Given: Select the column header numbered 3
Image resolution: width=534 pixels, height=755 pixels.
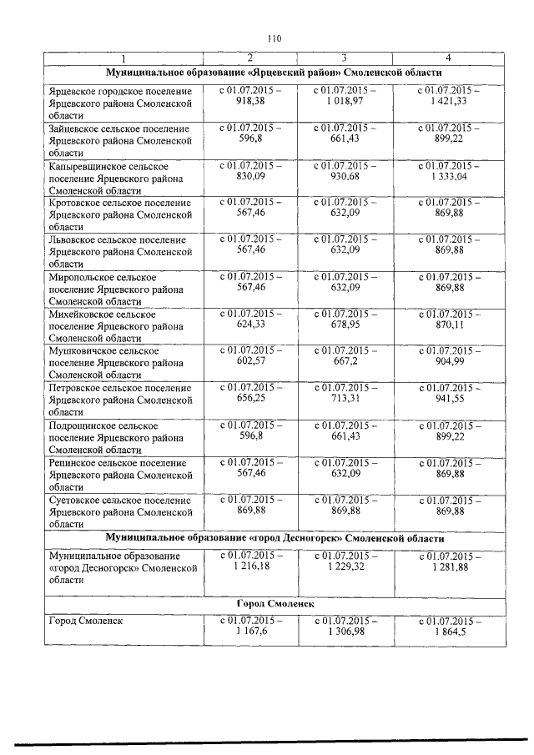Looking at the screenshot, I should [x=344, y=58].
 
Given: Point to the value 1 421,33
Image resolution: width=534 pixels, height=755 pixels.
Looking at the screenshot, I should [x=449, y=100].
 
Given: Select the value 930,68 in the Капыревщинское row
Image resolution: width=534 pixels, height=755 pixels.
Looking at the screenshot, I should [x=344, y=176].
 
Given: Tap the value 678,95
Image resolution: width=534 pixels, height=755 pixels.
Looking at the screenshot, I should [x=344, y=325].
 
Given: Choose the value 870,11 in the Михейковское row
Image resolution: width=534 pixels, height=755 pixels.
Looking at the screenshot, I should [x=449, y=325].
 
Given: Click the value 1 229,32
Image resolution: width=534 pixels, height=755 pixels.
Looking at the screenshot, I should [x=344, y=566].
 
